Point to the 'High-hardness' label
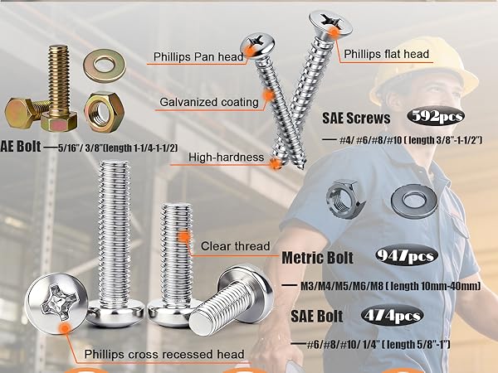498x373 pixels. tap(226, 157)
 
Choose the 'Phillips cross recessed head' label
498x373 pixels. tap(164, 354)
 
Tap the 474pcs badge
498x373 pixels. tap(392, 315)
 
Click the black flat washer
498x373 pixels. tap(417, 199)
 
